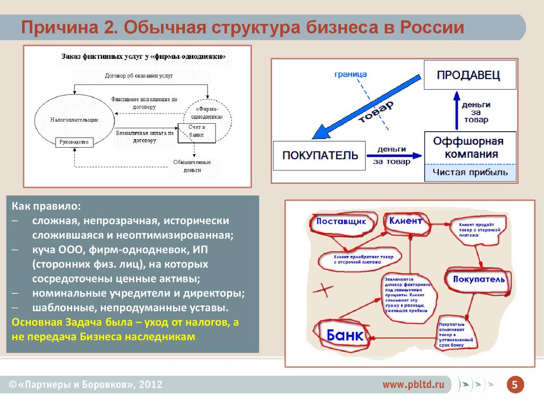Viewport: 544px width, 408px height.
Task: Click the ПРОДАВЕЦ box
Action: pos(469,75)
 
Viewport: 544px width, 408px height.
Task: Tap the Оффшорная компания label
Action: pos(467,148)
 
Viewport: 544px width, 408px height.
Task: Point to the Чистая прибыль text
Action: pos(470,172)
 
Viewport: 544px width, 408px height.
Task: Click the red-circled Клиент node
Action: pos(405,221)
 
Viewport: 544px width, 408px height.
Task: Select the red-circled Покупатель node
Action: pos(479,279)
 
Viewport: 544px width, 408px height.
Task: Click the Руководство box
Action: pos(74,142)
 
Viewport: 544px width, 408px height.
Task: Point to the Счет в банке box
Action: pos(197,131)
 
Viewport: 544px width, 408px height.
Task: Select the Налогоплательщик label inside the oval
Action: pos(74,120)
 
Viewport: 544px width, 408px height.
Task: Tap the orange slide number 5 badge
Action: pos(514,385)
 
